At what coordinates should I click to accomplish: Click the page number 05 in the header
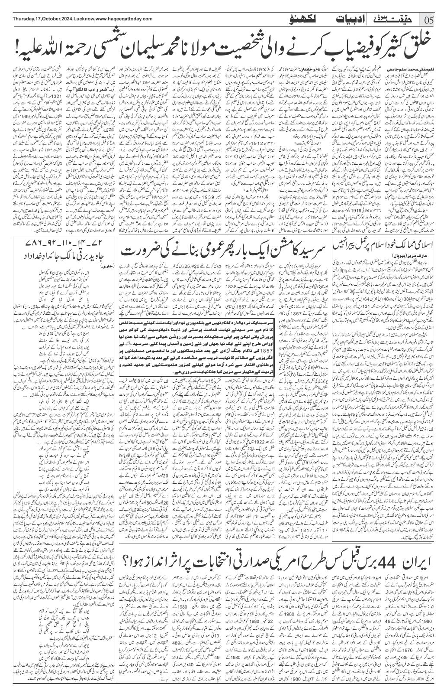(434, 20)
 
